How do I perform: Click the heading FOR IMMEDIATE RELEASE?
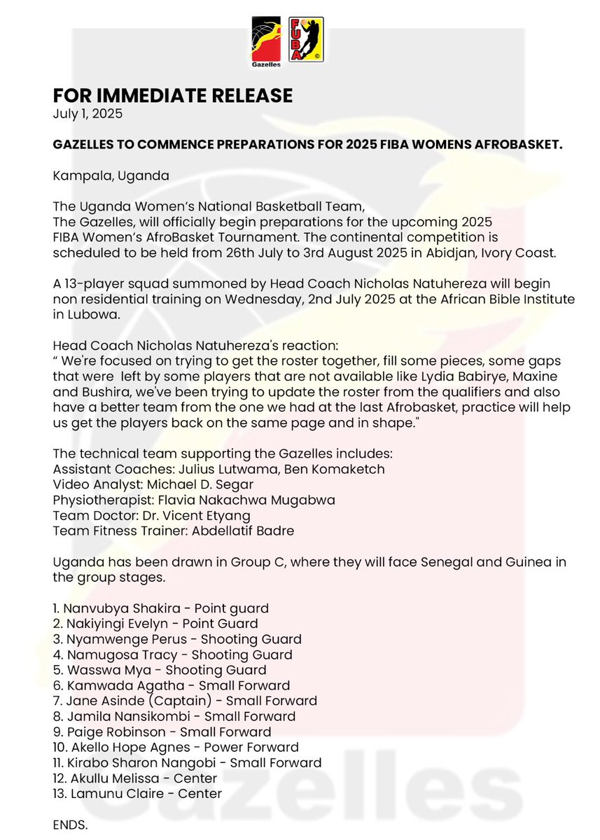click(173, 95)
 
